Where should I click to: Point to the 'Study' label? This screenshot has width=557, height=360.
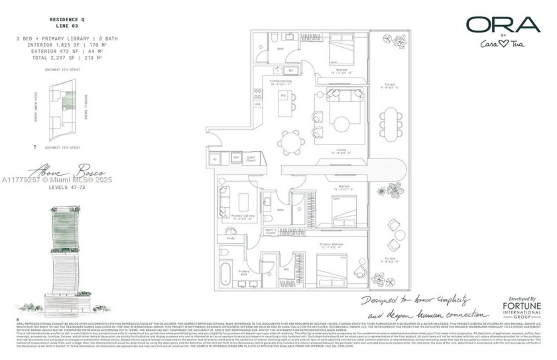tap(230, 237)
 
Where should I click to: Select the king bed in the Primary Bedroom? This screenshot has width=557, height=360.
tap(327, 268)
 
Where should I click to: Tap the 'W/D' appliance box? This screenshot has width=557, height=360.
tap(237, 157)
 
